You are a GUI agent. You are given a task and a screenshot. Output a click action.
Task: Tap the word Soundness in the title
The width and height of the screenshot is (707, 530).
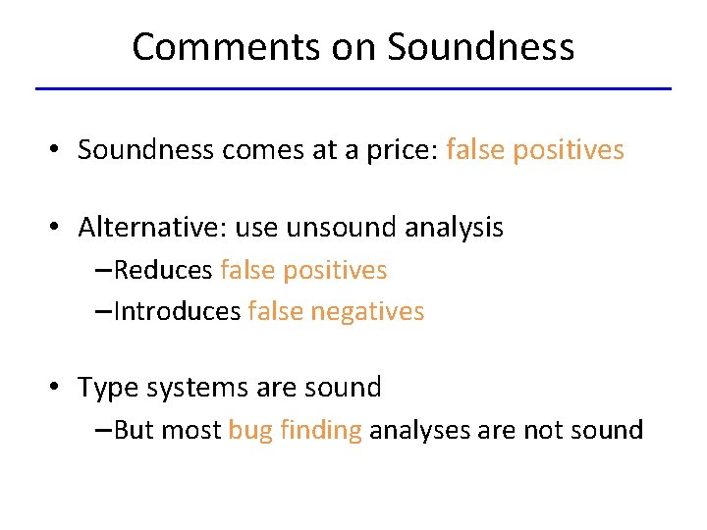pyautogui.click(x=480, y=46)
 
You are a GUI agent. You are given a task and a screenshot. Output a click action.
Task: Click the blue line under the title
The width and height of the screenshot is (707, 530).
pyautogui.click(x=353, y=89)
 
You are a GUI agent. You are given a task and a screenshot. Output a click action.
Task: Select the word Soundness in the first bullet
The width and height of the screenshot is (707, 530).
pyautogui.click(x=146, y=149)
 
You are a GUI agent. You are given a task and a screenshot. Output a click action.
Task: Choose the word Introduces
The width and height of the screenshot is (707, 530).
pyautogui.click(x=177, y=311)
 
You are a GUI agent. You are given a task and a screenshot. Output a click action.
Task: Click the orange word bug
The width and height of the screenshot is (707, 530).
pyautogui.click(x=249, y=431)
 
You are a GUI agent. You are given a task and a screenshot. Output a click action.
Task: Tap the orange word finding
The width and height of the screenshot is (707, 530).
pyautogui.click(x=320, y=430)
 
